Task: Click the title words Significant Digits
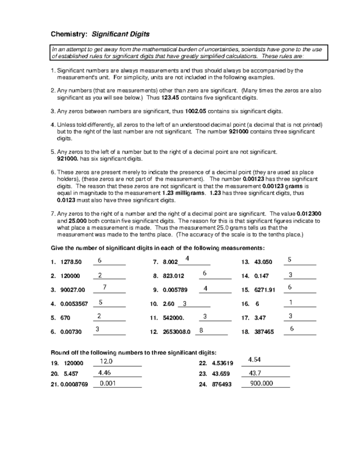tap(121, 34)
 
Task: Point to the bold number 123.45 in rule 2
tap(167, 97)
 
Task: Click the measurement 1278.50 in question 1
tap(71, 262)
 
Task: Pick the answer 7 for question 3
tap(105, 287)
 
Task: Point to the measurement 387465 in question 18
tap(263, 332)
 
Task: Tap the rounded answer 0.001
tap(107, 384)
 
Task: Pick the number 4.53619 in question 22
tap(223, 363)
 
